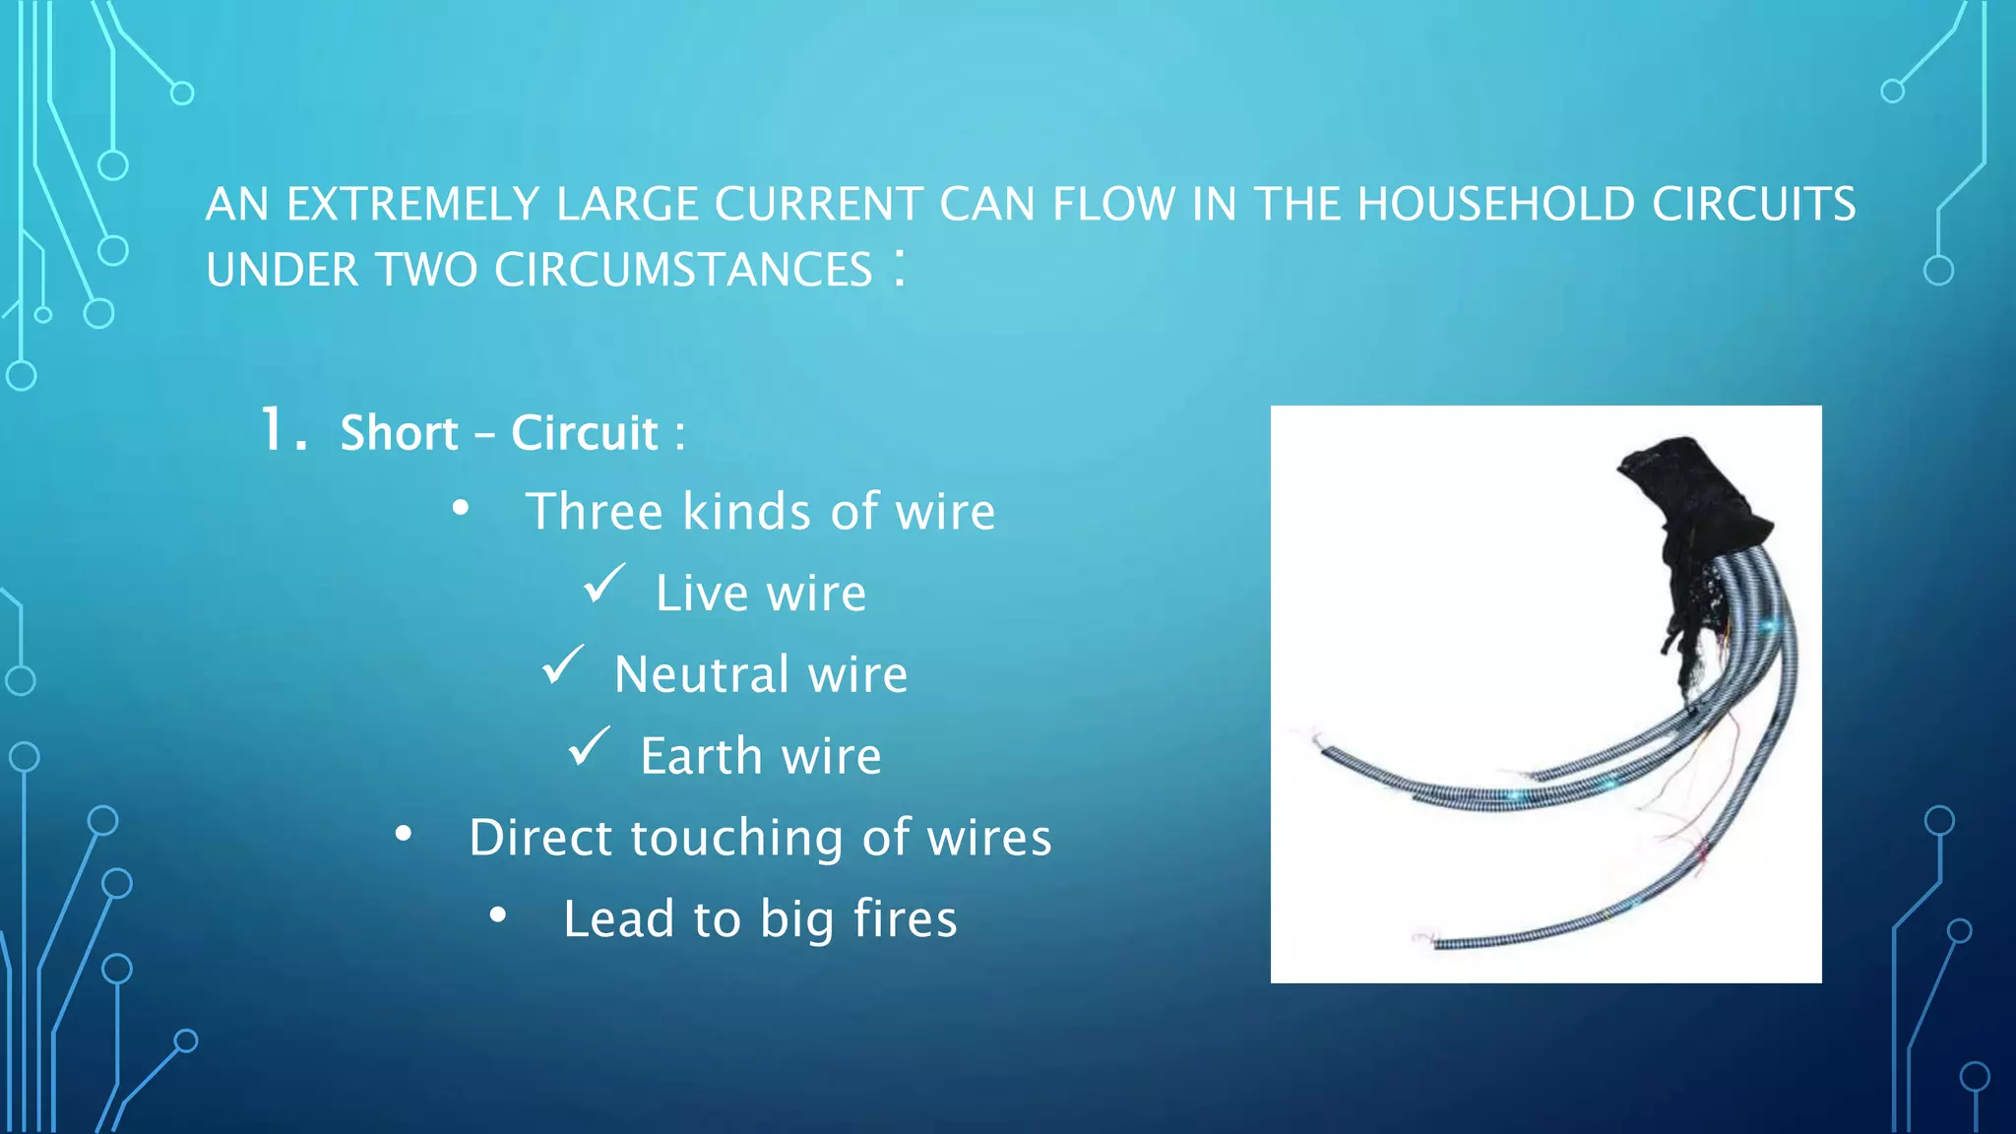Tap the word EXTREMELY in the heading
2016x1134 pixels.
click(x=412, y=205)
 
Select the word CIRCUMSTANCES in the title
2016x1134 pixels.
click(x=683, y=271)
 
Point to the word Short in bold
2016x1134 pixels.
click(x=399, y=433)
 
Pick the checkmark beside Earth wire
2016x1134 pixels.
click(x=589, y=747)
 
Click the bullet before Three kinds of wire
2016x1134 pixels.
click(x=460, y=509)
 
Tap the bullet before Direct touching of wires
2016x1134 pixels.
click(x=403, y=835)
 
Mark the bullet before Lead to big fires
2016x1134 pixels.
click(x=498, y=915)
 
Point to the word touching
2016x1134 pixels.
click(x=736, y=838)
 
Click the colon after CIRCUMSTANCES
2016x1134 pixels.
click(x=899, y=268)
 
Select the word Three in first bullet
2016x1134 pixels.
click(x=595, y=512)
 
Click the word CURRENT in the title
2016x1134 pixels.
click(x=819, y=205)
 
